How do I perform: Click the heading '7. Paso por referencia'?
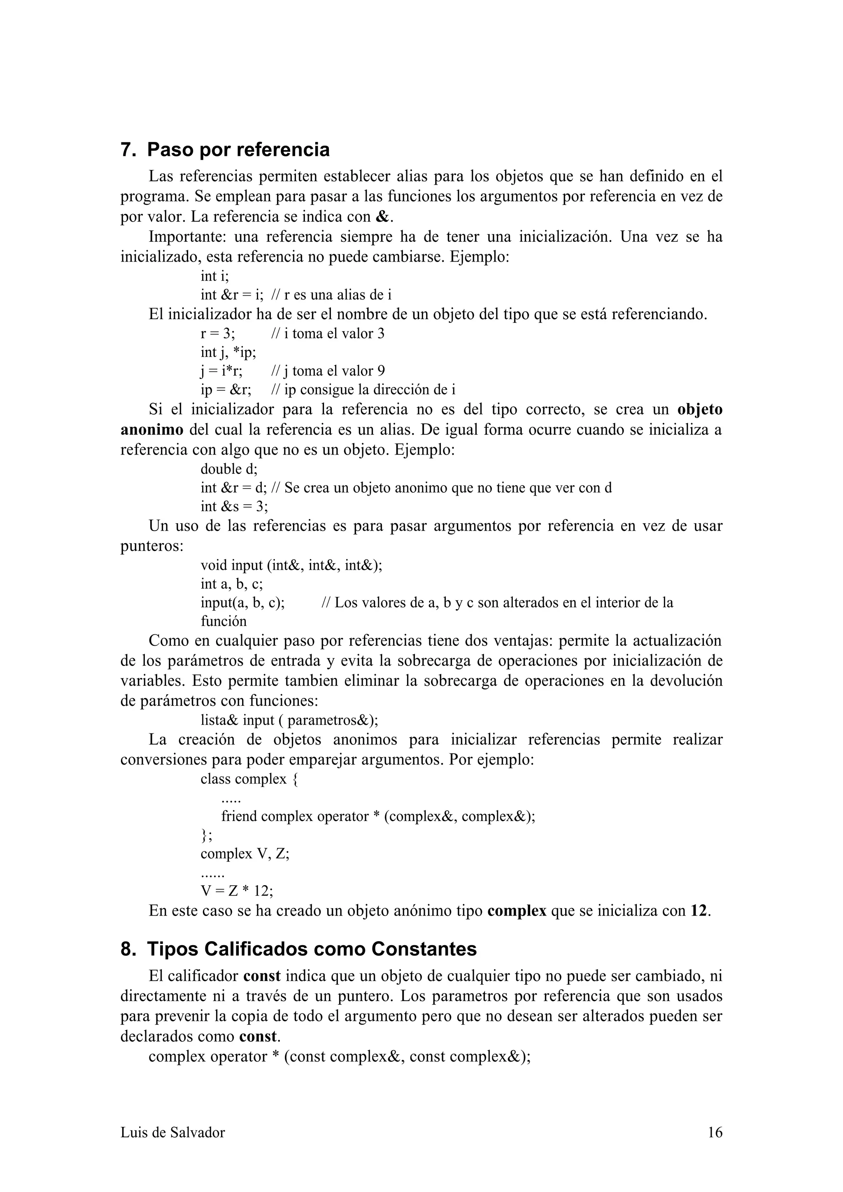point(225,150)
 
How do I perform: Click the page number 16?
point(715,1132)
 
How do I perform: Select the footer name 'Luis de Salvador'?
point(172,1132)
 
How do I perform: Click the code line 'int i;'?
point(214,276)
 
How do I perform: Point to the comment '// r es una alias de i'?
point(331,295)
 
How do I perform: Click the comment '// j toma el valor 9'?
point(328,371)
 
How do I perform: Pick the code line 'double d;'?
point(229,469)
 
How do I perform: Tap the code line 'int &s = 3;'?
point(234,506)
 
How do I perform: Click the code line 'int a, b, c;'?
point(232,584)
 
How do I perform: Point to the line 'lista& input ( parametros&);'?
point(289,720)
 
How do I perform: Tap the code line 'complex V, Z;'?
point(245,853)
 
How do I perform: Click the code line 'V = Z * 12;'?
point(237,891)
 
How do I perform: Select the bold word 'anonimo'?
point(151,430)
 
